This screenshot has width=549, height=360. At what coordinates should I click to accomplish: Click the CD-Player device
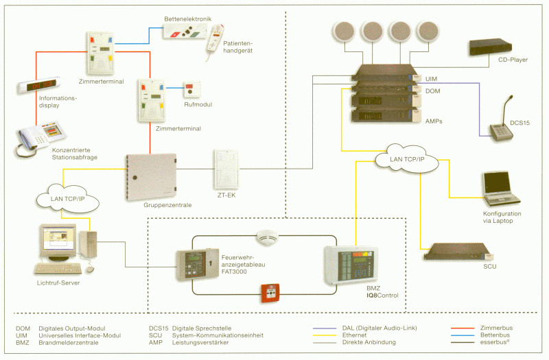pyautogui.click(x=490, y=47)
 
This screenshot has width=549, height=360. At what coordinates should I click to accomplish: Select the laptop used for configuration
pyautogui.click(x=501, y=189)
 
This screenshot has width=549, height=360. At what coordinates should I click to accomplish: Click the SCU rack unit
pyautogui.click(x=458, y=252)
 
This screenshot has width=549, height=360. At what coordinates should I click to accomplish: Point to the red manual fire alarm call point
pyautogui.click(x=270, y=293)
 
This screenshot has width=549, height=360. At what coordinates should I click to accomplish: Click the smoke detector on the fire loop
pyautogui.click(x=267, y=237)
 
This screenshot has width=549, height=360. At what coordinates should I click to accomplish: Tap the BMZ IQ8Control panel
pyautogui.click(x=351, y=265)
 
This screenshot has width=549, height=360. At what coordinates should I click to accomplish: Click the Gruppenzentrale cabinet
pyautogui.click(x=151, y=177)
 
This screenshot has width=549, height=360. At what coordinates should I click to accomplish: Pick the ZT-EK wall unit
pyautogui.click(x=226, y=169)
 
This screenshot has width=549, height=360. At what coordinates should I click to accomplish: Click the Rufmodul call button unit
pyautogui.click(x=192, y=91)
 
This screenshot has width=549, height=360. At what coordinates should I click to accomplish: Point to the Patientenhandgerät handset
pyautogui.click(x=214, y=42)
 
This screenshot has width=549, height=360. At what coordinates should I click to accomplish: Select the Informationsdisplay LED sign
pyautogui.click(x=39, y=85)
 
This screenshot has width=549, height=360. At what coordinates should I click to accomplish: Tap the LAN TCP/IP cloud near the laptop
pyautogui.click(x=406, y=159)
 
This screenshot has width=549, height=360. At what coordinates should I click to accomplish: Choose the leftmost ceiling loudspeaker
pyautogui.click(x=344, y=32)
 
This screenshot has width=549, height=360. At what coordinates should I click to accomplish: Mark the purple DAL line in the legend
pyautogui.click(x=325, y=328)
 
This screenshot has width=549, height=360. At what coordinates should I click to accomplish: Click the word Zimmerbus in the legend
pyautogui.click(x=496, y=328)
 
